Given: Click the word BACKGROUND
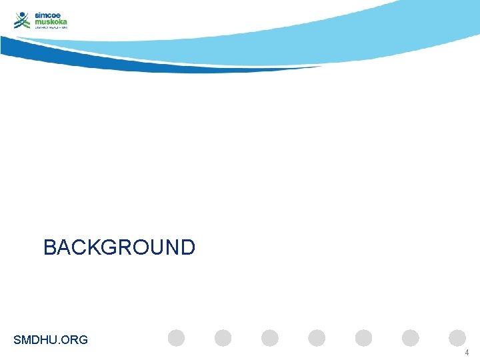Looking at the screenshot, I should [x=119, y=247].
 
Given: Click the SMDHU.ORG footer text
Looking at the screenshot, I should [x=51, y=340].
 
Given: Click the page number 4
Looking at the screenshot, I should [x=467, y=353].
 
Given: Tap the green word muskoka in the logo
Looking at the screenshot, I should [x=51, y=21].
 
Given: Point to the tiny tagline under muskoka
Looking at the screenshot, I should [x=51, y=28].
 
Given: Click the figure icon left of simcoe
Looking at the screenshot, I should [x=23, y=21].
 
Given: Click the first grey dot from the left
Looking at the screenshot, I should [x=176, y=338].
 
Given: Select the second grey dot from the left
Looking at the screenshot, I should [x=223, y=338].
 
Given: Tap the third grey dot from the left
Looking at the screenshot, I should [x=270, y=338].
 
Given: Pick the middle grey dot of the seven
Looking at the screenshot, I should [x=317, y=338].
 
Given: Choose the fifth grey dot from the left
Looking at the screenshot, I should [x=364, y=338].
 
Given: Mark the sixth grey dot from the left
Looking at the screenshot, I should [x=411, y=338].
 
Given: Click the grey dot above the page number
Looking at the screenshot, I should [x=457, y=338].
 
